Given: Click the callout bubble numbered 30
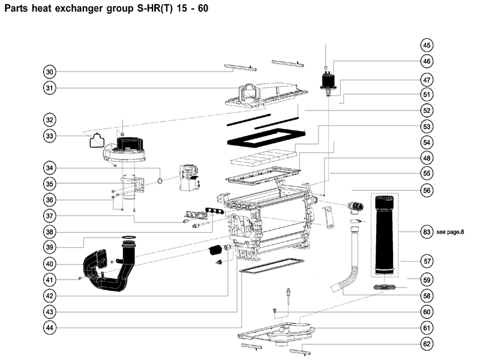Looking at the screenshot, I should (x=50, y=71).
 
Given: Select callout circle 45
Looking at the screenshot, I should (x=427, y=45).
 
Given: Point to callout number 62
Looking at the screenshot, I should (x=427, y=344).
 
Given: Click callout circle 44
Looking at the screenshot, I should (x=50, y=328).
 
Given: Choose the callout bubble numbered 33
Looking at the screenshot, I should (x=50, y=136).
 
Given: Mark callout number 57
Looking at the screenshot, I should (x=427, y=262).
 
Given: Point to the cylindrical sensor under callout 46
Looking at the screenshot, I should (x=327, y=81).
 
